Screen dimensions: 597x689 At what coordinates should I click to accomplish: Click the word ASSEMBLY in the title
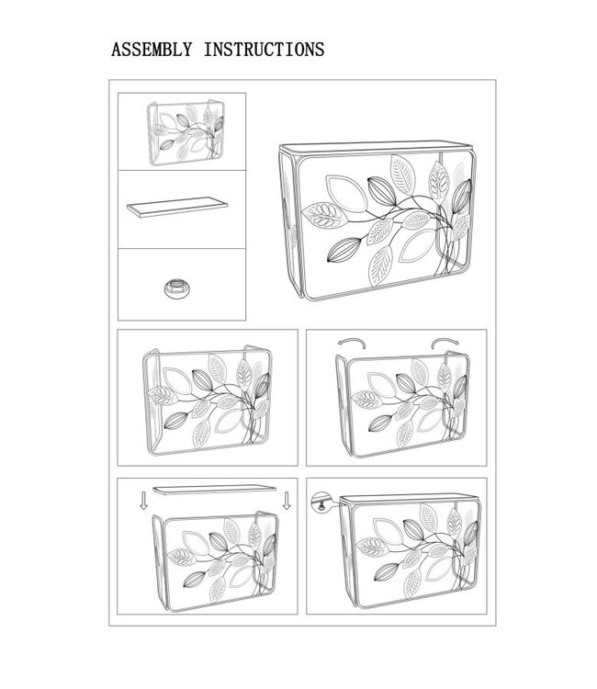point(152,50)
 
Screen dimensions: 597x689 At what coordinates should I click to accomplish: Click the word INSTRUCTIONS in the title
point(264,50)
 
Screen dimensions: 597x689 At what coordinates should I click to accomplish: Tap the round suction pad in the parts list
point(176,288)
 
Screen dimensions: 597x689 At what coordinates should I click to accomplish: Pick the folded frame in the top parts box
point(186,132)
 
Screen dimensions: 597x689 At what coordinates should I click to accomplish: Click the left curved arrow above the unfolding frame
point(352,343)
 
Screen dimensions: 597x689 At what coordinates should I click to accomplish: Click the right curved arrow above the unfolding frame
point(445,343)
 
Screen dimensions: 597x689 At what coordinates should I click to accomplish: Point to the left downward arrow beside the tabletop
point(143,501)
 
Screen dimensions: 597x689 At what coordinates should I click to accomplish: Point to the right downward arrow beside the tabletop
point(287,501)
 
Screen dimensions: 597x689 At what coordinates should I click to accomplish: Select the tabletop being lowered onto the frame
point(216,490)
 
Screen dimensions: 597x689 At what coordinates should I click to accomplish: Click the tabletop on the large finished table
point(377,147)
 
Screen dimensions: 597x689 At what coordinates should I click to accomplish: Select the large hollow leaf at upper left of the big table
point(346,192)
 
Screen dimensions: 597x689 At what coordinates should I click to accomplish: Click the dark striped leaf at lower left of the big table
point(344,250)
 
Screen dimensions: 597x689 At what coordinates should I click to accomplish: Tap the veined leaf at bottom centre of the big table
point(380,266)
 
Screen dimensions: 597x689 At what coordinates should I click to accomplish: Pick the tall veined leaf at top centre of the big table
point(402,174)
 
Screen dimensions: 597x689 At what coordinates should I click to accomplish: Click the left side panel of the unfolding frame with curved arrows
point(344,405)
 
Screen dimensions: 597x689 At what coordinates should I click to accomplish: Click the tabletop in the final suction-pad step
point(408,499)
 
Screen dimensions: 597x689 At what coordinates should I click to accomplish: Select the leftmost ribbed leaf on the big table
point(324,215)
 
